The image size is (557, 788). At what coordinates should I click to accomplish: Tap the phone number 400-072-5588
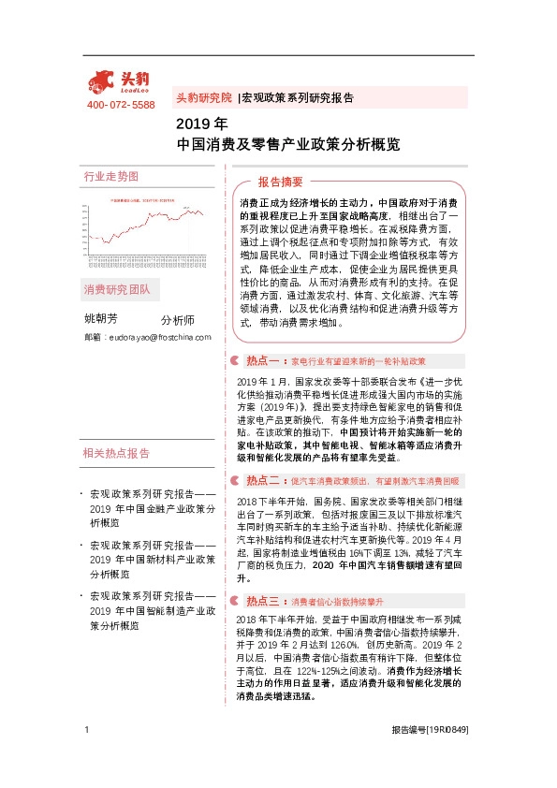coord(120,104)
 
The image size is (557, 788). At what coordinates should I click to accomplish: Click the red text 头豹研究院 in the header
coord(203,97)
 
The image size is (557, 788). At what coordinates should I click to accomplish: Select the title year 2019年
coord(201,123)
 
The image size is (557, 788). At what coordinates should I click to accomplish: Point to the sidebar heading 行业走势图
coord(110,176)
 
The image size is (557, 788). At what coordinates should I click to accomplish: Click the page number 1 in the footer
coord(86,756)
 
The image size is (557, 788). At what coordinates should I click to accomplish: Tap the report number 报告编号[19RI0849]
coord(429,756)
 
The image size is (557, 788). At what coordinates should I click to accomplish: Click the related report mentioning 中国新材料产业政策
coord(154,551)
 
